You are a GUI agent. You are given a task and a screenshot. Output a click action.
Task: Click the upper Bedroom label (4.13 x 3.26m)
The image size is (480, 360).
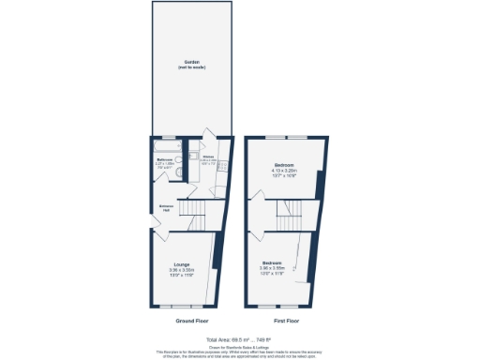(x=283, y=164)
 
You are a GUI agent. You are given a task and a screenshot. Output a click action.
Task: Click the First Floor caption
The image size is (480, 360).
(x=281, y=320)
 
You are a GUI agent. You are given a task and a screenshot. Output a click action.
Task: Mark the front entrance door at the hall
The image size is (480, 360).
(x=154, y=222)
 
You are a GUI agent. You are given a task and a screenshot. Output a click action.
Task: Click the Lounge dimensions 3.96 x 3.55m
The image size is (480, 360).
(x=182, y=270)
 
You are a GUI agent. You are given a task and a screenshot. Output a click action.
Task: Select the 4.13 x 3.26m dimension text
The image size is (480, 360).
(x=283, y=171)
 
